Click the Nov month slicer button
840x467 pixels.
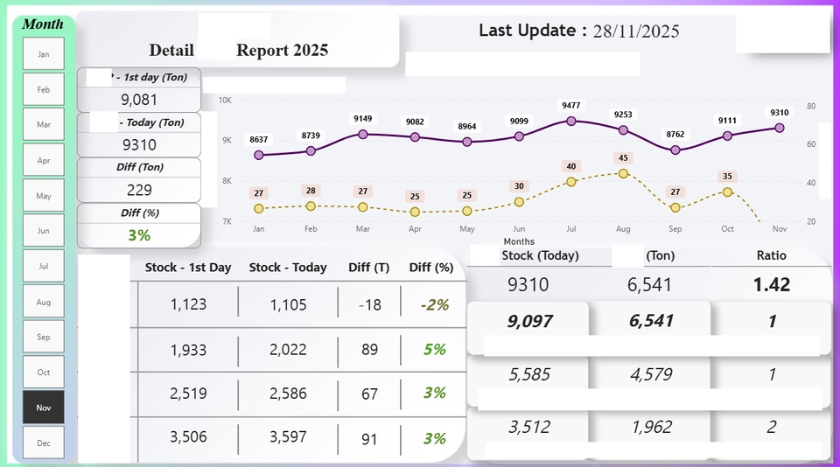click(44, 408)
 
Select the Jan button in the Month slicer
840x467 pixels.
click(44, 54)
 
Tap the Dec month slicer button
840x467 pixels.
click(44, 443)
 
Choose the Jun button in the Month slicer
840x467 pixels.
click(44, 231)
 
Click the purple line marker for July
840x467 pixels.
click(571, 121)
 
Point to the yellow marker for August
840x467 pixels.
click(623, 173)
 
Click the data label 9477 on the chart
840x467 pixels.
click(571, 105)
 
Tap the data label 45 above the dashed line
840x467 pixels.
click(623, 158)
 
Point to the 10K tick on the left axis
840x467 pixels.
click(225, 101)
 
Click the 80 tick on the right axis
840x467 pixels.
click(811, 106)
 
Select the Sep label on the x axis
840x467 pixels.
click(675, 229)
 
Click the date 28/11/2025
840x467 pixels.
click(635, 31)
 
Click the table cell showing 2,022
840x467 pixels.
click(288, 350)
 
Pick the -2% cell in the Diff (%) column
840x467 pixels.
click(433, 304)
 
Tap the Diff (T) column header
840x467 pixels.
click(368, 268)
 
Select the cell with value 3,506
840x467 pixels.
click(188, 438)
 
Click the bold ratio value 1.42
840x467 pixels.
click(771, 284)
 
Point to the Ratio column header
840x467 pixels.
click(771, 256)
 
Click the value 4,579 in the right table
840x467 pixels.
click(650, 375)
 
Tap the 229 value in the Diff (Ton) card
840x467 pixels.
click(139, 190)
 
